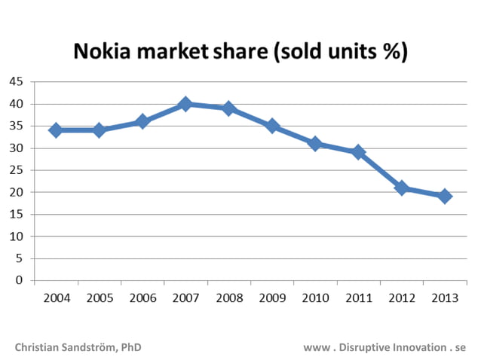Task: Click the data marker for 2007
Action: [185, 105]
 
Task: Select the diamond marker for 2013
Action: [445, 197]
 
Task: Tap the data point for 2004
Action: [55, 130]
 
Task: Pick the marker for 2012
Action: [402, 188]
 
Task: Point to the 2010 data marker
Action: [315, 144]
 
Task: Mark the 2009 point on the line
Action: [272, 126]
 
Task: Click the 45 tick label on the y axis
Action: [16, 82]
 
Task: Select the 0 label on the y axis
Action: [20, 281]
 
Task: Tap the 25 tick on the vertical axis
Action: [16, 170]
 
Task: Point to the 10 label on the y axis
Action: [16, 236]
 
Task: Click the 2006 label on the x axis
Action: [142, 298]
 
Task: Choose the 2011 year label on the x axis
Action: [359, 298]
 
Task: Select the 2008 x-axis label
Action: [229, 298]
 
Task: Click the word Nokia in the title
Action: [99, 52]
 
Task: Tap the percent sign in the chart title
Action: [393, 52]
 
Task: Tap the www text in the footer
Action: [314, 348]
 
